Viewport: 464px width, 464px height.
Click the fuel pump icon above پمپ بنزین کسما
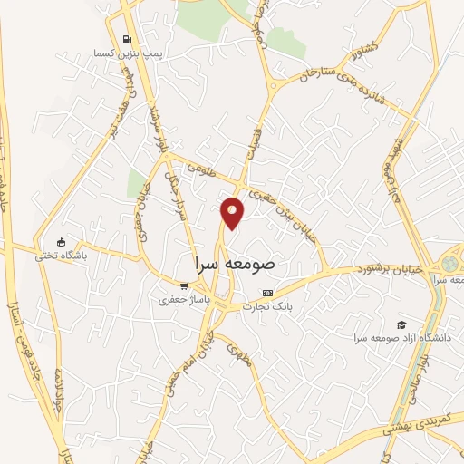click(125, 40)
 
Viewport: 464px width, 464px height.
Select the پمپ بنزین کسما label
click(126, 55)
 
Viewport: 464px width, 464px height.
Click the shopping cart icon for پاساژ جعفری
click(184, 285)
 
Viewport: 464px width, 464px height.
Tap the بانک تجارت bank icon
click(266, 294)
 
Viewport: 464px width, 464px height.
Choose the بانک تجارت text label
click(266, 307)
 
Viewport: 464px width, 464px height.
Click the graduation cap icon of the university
click(401, 324)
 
